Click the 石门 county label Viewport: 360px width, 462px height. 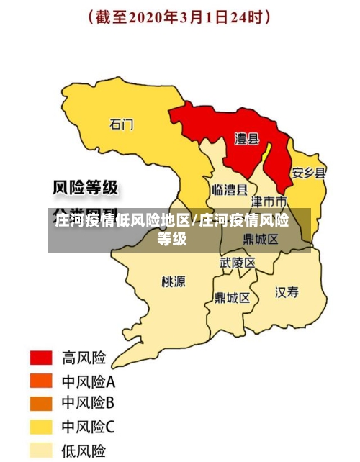[x=121, y=124]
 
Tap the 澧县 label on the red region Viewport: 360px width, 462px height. [x=247, y=139]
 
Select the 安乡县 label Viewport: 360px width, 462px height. [x=309, y=173]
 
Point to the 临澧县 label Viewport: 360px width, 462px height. [x=230, y=190]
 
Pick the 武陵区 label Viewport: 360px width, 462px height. [x=238, y=263]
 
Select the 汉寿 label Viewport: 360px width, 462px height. [x=287, y=292]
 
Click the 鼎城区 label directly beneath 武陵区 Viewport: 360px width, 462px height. [x=232, y=297]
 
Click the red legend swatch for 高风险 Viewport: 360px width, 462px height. [x=41, y=358]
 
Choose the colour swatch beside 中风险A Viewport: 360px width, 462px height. [x=41, y=381]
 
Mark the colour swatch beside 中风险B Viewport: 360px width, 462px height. [x=41, y=404]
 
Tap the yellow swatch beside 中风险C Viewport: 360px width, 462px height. [x=41, y=427]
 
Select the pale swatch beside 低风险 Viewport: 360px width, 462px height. [x=41, y=450]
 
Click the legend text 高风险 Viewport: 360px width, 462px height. [x=84, y=358]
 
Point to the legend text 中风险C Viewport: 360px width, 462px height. [x=88, y=427]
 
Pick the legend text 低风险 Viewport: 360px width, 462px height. [x=84, y=451]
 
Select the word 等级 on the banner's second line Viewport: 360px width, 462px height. [x=173, y=239]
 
